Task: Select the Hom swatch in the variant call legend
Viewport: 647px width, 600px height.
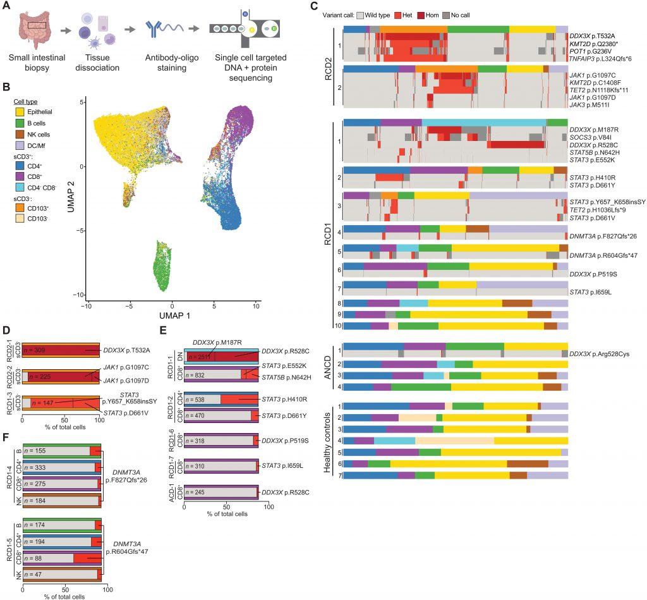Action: click(456, 15)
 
